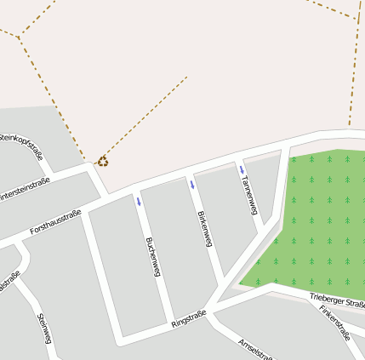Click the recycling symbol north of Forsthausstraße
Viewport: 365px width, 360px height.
[103, 160]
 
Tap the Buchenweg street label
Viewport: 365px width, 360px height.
[153, 257]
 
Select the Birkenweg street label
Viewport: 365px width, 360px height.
[202, 229]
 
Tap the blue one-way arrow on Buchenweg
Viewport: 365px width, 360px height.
[139, 202]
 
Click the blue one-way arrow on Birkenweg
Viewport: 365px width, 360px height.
[192, 185]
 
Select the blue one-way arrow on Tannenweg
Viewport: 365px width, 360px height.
[242, 169]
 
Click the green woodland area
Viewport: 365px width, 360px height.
[319, 221]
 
